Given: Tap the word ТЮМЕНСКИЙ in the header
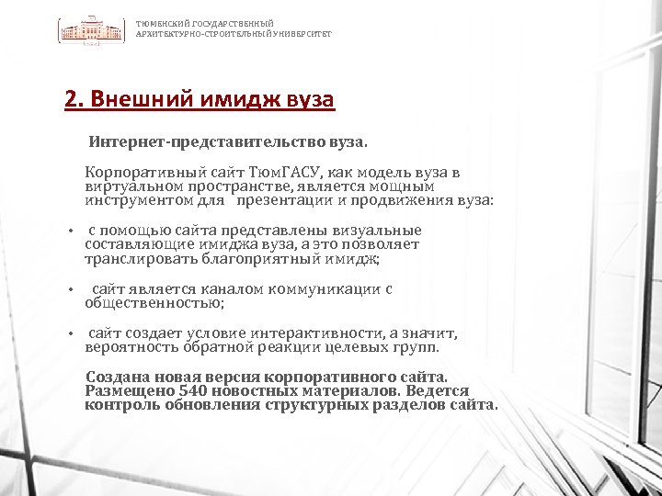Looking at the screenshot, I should point(159,23).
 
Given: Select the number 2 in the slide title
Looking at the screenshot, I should point(71,99).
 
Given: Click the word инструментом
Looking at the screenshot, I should point(139,199).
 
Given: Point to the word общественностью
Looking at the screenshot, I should point(154,302).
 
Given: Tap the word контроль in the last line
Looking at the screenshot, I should point(116,404).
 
